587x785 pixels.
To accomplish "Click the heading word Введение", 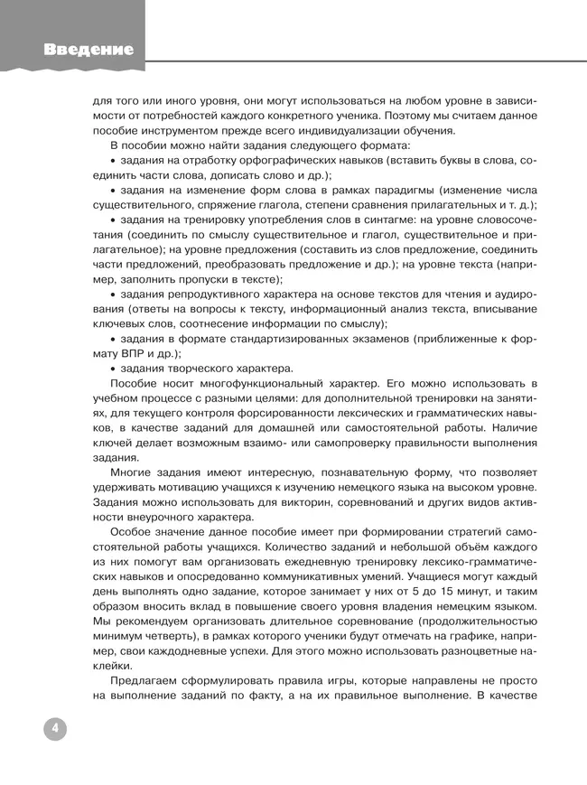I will (89, 50).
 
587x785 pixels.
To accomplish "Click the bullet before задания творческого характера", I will (113, 369).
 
